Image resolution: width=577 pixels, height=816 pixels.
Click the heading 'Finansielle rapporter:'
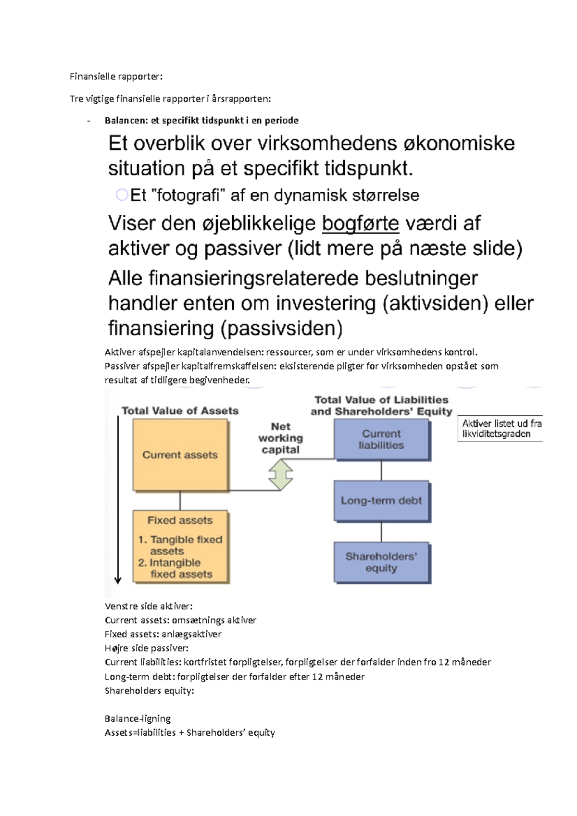(116, 76)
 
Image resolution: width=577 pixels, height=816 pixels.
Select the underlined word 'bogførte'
(360, 223)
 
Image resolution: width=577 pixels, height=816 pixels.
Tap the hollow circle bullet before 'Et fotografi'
(122, 195)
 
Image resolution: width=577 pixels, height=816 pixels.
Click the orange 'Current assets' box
(180, 455)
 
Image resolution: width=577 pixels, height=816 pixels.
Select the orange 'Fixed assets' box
(180, 546)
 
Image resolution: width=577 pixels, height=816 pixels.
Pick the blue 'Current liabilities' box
(381, 439)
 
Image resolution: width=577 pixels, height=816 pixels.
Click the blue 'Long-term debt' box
(381, 501)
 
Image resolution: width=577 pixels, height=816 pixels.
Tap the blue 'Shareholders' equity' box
(381, 562)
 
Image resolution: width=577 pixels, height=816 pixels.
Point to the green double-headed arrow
(281, 475)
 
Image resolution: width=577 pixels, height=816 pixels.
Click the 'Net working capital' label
(281, 438)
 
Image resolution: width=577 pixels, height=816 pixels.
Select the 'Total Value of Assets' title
(180, 411)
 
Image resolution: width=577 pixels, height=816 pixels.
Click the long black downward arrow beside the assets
(118, 500)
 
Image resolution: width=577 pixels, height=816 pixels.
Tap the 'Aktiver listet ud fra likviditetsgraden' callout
(500, 429)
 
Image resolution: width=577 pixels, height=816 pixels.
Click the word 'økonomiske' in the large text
(459, 144)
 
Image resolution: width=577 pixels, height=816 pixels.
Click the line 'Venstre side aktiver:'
(148, 606)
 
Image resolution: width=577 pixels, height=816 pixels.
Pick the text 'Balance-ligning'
(138, 718)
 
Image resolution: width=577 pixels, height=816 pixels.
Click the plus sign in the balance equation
(181, 733)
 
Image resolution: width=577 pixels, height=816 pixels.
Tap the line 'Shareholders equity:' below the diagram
(149, 691)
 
